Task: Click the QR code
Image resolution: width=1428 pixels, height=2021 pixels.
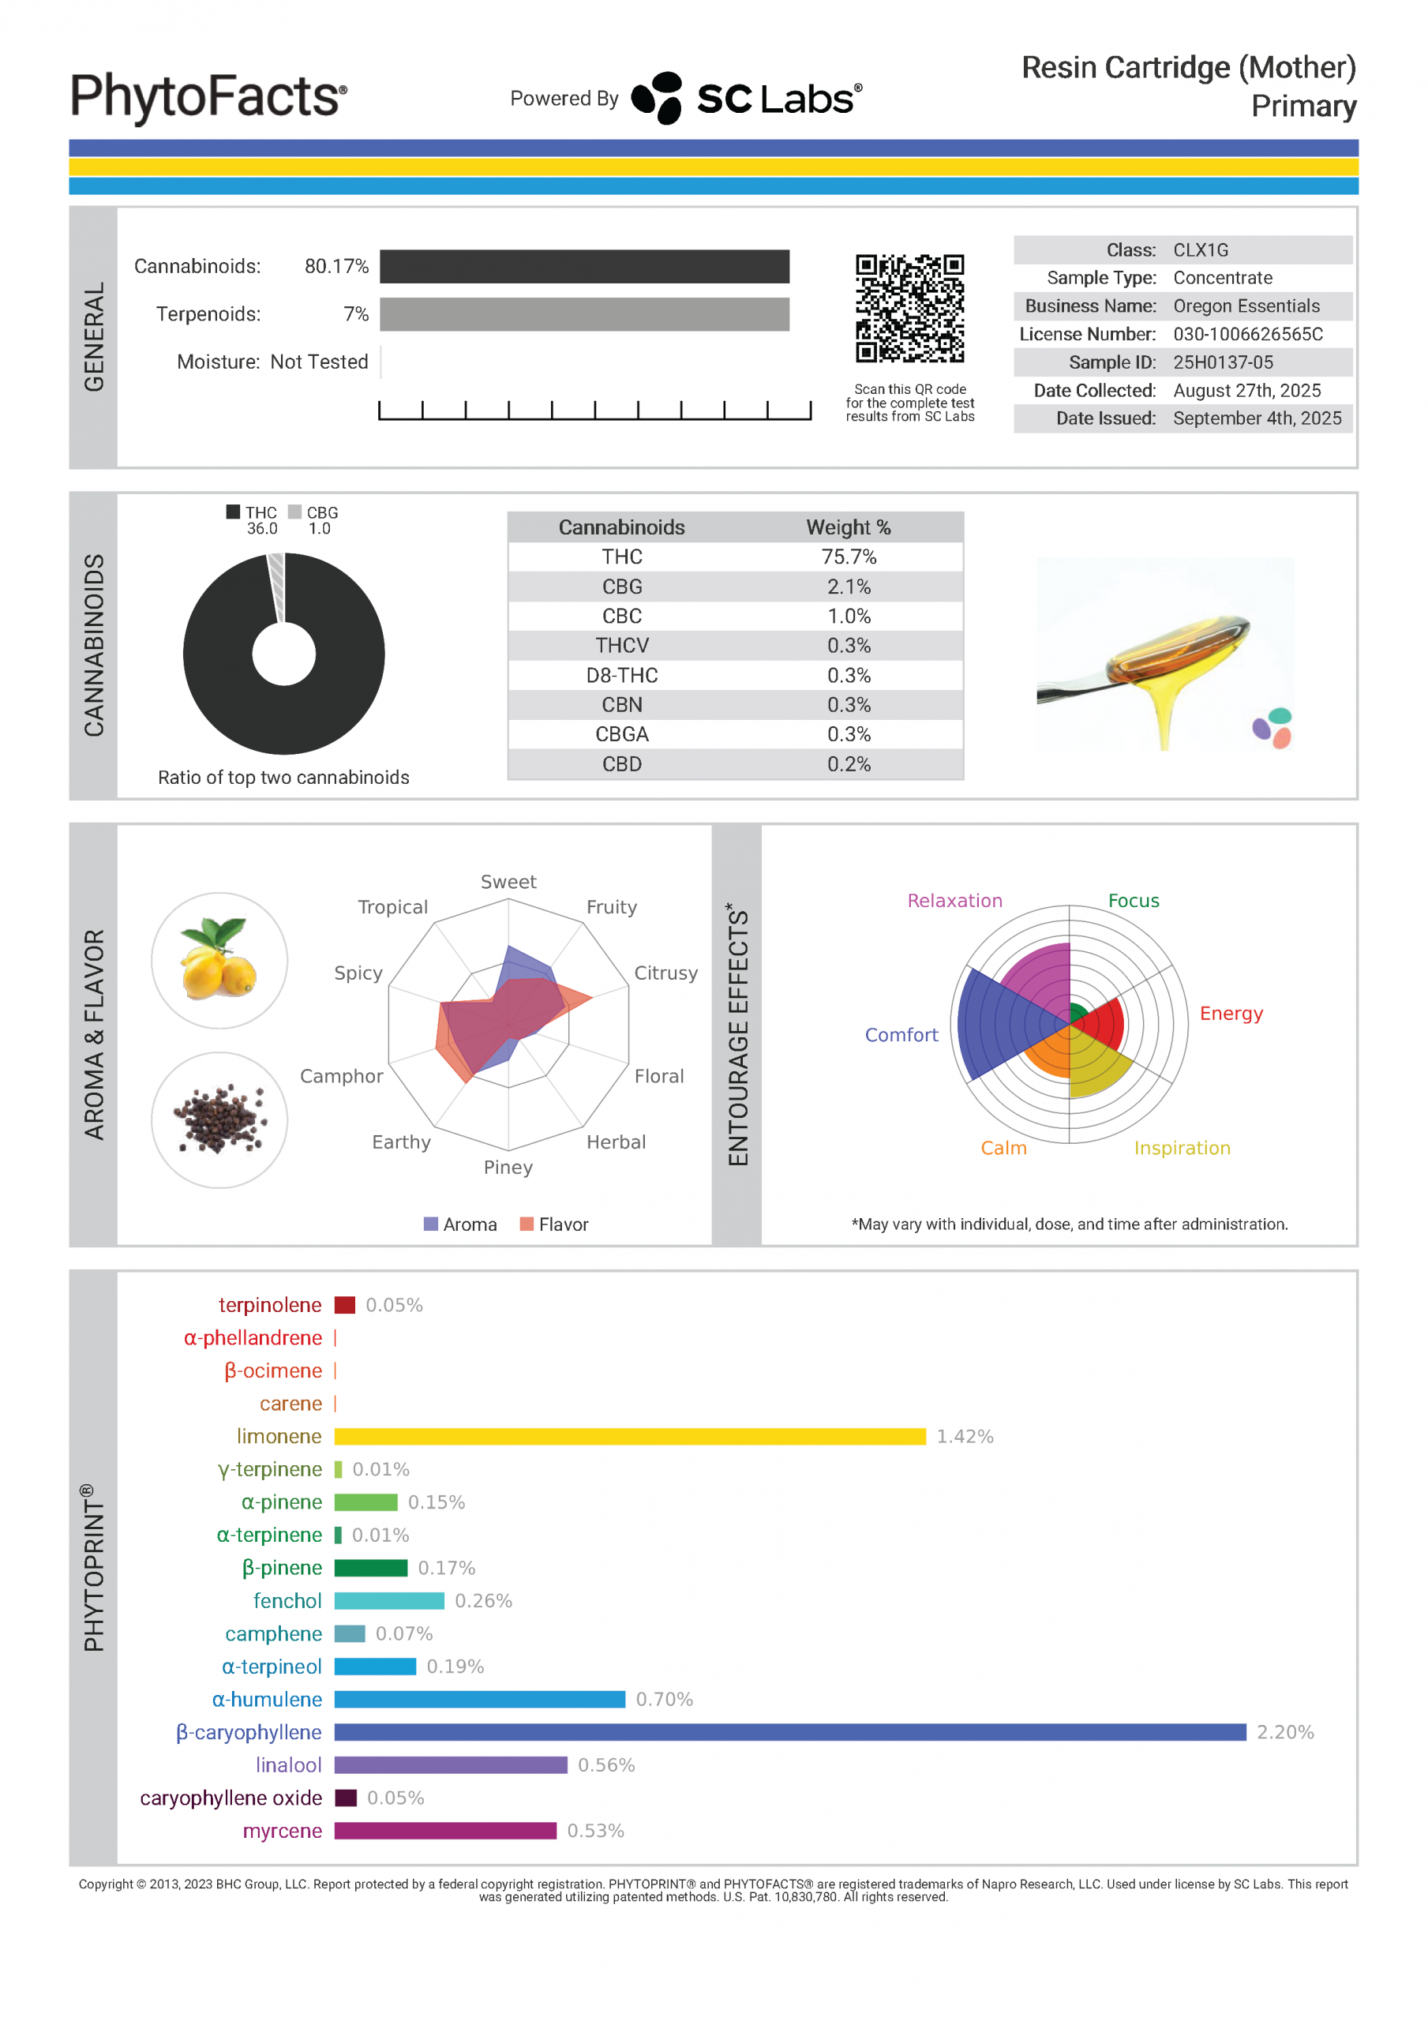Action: click(x=909, y=308)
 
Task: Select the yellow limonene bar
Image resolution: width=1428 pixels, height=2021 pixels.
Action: click(x=629, y=1437)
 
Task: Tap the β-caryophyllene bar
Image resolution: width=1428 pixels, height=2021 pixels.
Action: click(x=789, y=1732)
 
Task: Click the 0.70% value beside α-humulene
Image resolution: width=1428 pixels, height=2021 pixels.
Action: click(x=664, y=1700)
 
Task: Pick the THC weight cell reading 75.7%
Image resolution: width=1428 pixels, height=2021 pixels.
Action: click(x=848, y=557)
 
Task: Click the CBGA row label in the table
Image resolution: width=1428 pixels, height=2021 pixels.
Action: click(x=621, y=734)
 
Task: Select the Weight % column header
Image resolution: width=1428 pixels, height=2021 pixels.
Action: click(x=848, y=527)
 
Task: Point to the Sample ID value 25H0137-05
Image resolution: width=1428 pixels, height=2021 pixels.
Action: click(x=1223, y=362)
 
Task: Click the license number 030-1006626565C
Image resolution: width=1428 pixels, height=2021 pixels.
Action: click(x=1247, y=335)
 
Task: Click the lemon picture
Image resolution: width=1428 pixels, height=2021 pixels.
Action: click(x=219, y=960)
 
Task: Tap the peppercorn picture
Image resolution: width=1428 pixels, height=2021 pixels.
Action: click(x=219, y=1119)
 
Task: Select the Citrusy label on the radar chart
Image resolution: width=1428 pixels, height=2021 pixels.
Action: click(x=665, y=973)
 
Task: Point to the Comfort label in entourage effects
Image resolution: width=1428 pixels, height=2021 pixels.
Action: click(x=901, y=1035)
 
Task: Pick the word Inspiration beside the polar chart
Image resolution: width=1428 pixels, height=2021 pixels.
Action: click(x=1182, y=1148)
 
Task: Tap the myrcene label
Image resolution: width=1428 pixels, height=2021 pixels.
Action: click(x=282, y=1831)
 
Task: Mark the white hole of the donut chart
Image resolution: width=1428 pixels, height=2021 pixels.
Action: click(x=283, y=654)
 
